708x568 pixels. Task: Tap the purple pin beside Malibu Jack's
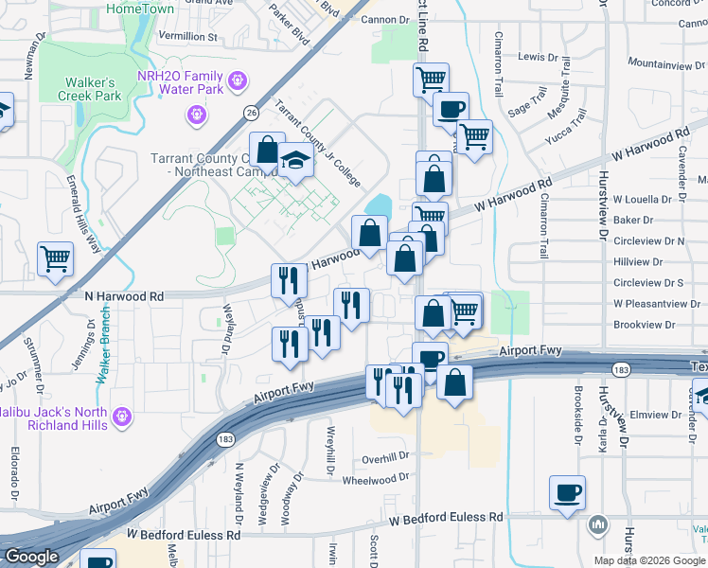[x=121, y=415]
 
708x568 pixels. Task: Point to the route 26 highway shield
[x=250, y=113]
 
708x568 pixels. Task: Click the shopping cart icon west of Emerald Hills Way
[x=56, y=258]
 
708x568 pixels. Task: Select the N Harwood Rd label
[x=124, y=296]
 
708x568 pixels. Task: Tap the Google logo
[x=31, y=557]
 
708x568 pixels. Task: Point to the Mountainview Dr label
[x=661, y=63]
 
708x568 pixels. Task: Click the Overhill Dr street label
[x=384, y=457]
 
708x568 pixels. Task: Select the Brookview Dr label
[x=645, y=324]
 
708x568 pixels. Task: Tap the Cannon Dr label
[x=382, y=19]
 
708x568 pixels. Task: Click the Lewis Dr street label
[x=538, y=57]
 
